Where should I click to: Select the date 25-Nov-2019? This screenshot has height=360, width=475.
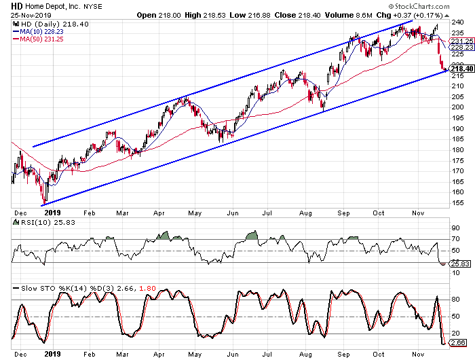point(24,14)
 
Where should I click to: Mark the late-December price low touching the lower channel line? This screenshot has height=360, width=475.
point(43,204)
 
